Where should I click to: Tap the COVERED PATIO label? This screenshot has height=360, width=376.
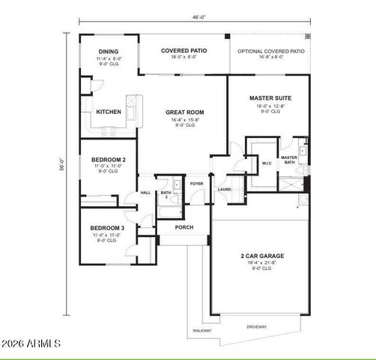coord(184,51)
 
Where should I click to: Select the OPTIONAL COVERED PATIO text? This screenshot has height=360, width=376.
coord(270,51)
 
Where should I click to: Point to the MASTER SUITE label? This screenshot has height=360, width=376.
coord(269,97)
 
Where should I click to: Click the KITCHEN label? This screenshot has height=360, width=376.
coord(108,112)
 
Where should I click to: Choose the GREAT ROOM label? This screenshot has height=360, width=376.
coord(184,112)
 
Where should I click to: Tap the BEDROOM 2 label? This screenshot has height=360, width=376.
coord(107,159)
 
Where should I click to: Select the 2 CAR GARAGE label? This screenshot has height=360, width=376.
coord(261,256)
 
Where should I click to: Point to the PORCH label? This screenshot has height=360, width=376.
coord(184,227)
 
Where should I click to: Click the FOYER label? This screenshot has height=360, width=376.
coord(196,183)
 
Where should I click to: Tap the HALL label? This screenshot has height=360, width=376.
coord(145,193)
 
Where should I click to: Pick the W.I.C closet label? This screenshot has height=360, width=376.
coord(267,162)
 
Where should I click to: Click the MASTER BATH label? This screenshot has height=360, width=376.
coord(289,160)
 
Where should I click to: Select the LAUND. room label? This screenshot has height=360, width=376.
coord(224,190)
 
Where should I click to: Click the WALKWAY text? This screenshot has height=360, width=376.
coord(202,330)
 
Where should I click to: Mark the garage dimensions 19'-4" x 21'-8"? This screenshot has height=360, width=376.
coord(261,262)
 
